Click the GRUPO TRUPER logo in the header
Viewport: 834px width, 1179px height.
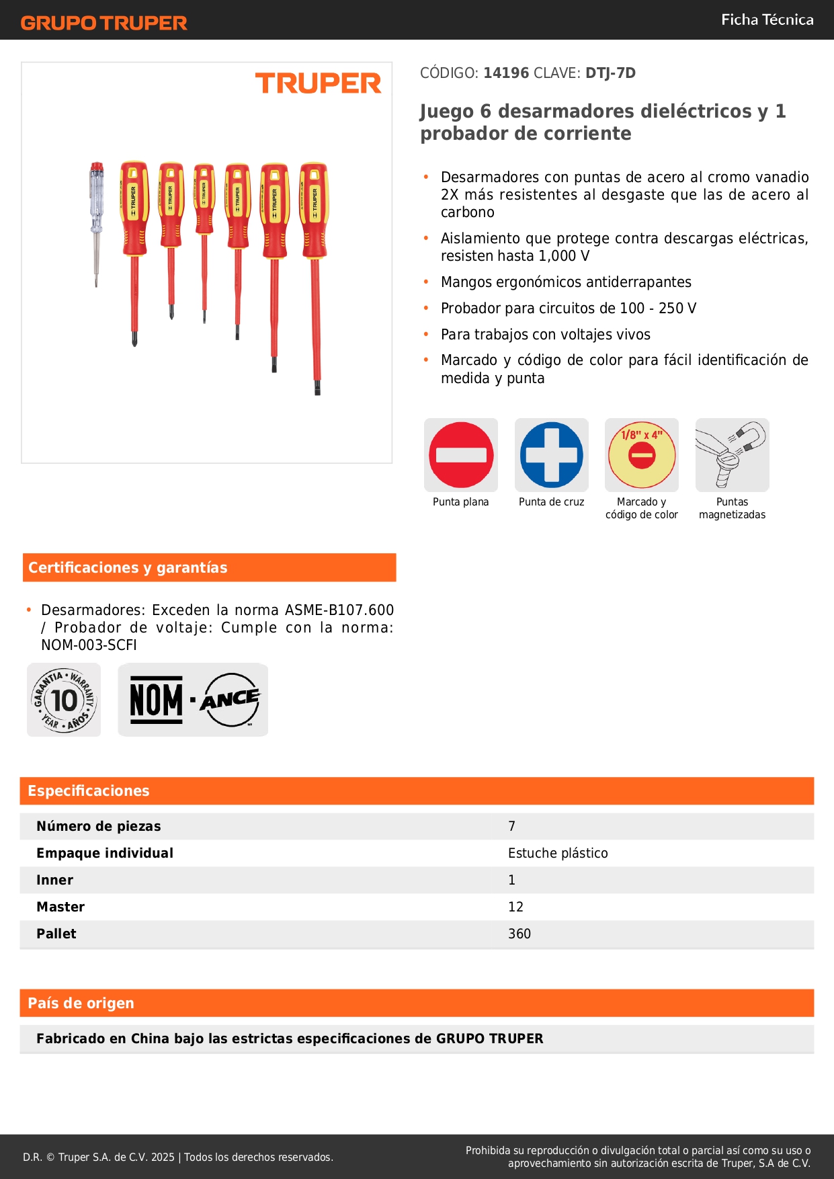[103, 23]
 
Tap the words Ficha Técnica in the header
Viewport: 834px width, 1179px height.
[767, 19]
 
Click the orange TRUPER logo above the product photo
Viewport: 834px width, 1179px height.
[318, 83]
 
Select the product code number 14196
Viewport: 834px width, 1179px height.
[506, 73]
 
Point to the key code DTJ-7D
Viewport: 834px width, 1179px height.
[610, 73]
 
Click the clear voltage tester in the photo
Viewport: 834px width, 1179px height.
[97, 215]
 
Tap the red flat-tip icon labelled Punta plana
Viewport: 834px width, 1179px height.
[461, 455]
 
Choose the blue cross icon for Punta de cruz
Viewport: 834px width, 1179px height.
[552, 455]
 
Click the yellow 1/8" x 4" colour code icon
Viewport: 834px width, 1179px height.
[642, 455]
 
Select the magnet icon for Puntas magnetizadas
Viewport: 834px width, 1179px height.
[732, 455]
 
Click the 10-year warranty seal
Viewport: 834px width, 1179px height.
[65, 700]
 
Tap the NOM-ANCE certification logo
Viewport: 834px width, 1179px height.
[193, 700]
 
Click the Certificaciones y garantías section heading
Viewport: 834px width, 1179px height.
[128, 567]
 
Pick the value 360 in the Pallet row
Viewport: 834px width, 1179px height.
[519, 934]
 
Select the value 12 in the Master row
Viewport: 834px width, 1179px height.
[515, 907]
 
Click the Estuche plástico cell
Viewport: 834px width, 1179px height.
[558, 853]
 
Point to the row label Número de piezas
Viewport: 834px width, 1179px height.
[99, 826]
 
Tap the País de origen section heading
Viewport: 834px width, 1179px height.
[81, 1003]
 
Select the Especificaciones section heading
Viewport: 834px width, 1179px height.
[89, 790]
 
